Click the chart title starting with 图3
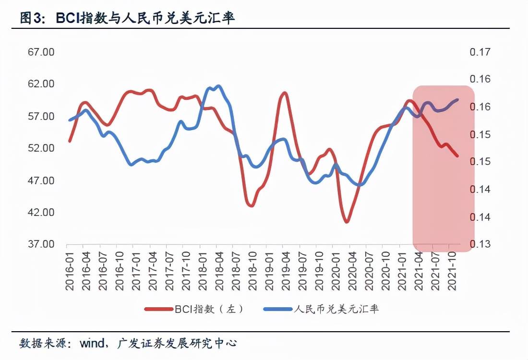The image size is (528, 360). click(x=127, y=18)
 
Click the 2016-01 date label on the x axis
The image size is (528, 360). click(x=70, y=271)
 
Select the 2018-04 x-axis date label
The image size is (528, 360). click(x=219, y=271)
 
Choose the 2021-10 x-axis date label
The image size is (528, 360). click(x=451, y=271)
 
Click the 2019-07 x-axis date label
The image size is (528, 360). click(x=301, y=271)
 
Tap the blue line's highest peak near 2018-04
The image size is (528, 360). click(x=218, y=86)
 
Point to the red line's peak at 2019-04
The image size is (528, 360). click(x=284, y=93)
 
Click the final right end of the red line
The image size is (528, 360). click(x=457, y=156)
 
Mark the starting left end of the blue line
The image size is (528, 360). click(x=70, y=120)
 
